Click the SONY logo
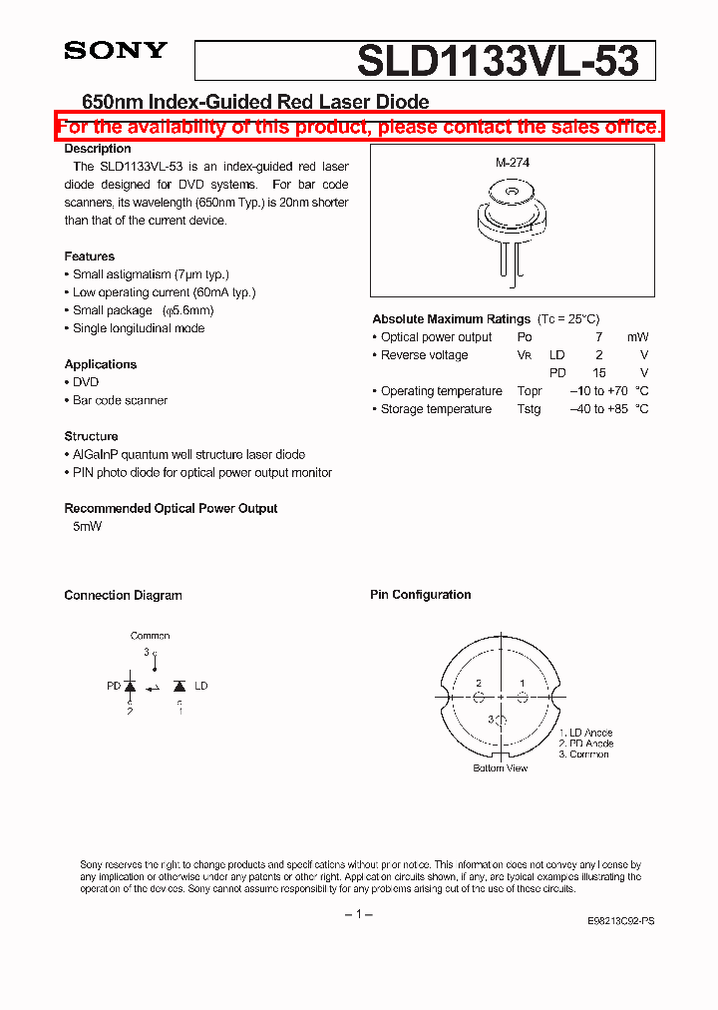click(115, 51)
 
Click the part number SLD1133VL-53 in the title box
click(497, 62)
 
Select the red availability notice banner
click(359, 127)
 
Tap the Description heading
click(98, 149)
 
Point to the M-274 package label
click(513, 162)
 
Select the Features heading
click(89, 256)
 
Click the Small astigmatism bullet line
click(151, 274)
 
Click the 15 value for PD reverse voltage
click(599, 373)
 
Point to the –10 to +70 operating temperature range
click(599, 391)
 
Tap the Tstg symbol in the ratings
click(529, 409)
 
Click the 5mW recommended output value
click(88, 526)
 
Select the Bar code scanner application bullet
click(120, 400)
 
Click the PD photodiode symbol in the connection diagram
click(130, 687)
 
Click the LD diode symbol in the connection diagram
click(179, 687)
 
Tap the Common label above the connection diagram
click(150, 636)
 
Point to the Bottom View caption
click(501, 767)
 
